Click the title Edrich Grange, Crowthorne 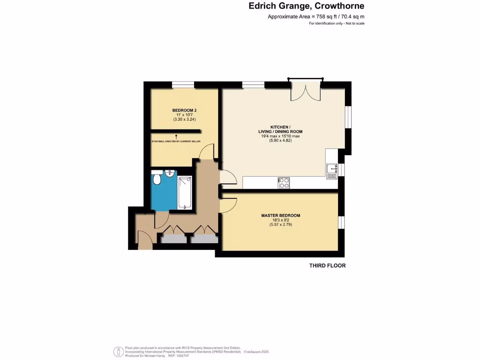pos(306,6)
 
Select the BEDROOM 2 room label pos(184,111)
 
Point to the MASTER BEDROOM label pos(280,216)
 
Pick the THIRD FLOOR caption pos(327,266)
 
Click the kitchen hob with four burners pos(284,183)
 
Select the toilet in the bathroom pos(157,180)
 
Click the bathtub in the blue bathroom pos(185,192)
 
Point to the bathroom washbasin pos(169,173)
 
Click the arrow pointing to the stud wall pos(183,136)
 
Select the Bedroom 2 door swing pos(207,151)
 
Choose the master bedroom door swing pos(228,204)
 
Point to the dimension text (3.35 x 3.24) pos(184,120)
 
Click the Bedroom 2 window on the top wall pos(183,84)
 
